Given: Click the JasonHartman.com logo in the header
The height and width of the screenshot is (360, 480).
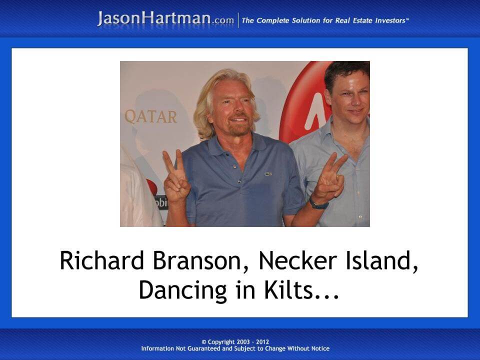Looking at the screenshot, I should (x=165, y=19).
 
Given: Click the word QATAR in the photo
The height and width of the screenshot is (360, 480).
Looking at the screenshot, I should (x=150, y=117).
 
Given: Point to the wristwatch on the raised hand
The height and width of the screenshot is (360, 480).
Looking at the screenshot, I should (x=318, y=203).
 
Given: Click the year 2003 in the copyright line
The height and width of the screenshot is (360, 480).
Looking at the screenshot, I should (x=246, y=342).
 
